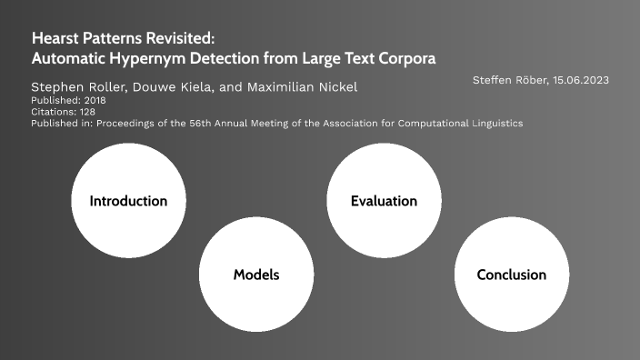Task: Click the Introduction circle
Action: [128, 201]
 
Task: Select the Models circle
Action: [256, 275]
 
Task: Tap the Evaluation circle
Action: [384, 201]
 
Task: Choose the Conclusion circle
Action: [511, 275]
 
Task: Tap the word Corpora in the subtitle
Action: [405, 58]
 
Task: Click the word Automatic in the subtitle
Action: [69, 58]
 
